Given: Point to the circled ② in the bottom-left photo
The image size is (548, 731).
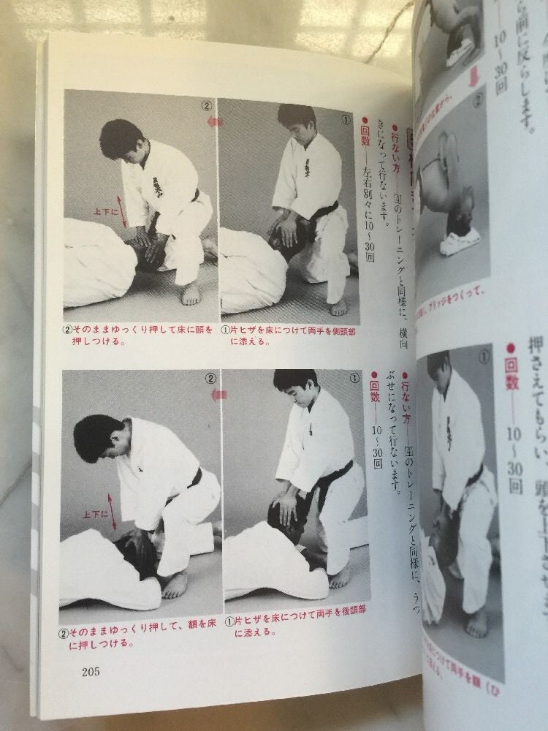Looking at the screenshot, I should pyautogui.click(x=209, y=379).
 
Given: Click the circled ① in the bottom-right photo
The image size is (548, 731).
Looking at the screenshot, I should pyautogui.click(x=354, y=379).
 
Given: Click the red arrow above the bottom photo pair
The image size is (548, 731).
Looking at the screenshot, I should pyautogui.click(x=216, y=394).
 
